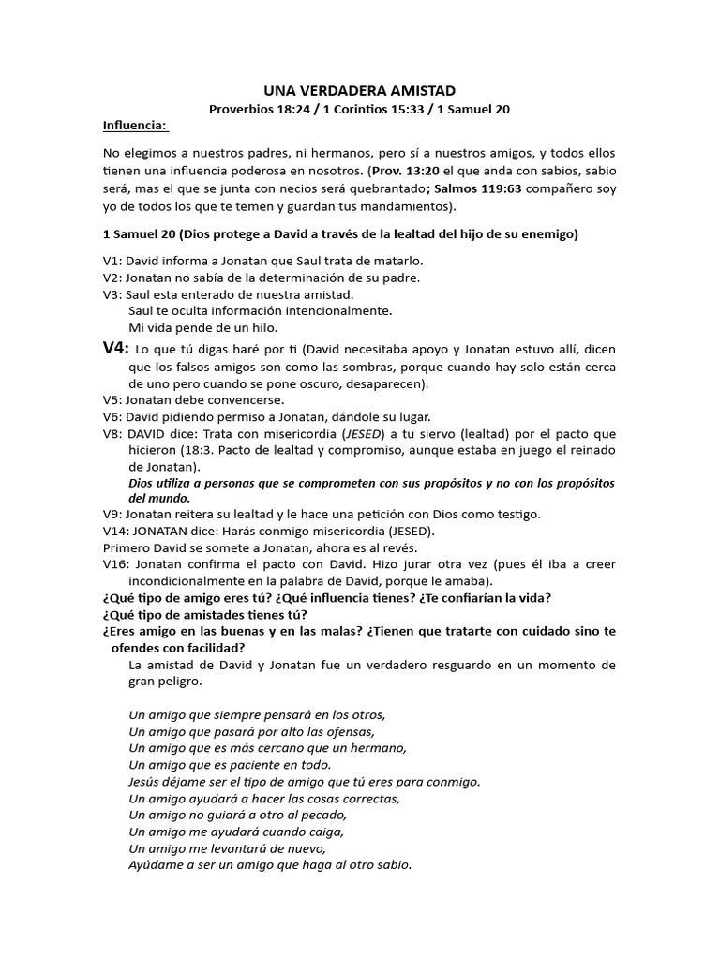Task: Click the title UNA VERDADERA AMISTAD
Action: [359, 90]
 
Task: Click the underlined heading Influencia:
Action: [135, 126]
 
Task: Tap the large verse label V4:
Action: [114, 349]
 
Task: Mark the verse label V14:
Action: [117, 530]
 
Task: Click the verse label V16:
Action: [117, 563]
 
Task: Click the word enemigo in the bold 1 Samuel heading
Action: [546, 234]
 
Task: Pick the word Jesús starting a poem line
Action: [146, 781]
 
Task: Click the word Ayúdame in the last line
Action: [153, 864]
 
